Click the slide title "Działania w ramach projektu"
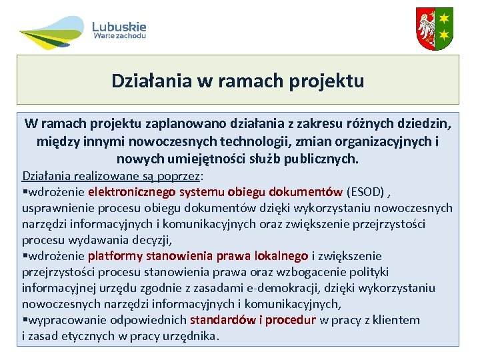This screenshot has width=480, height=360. [x=238, y=81]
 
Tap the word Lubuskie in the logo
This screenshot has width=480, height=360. [x=119, y=27]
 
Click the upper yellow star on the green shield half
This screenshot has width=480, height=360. [x=444, y=16]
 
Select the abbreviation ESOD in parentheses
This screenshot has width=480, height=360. [x=365, y=192]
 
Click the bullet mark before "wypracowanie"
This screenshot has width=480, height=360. [x=25, y=320]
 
